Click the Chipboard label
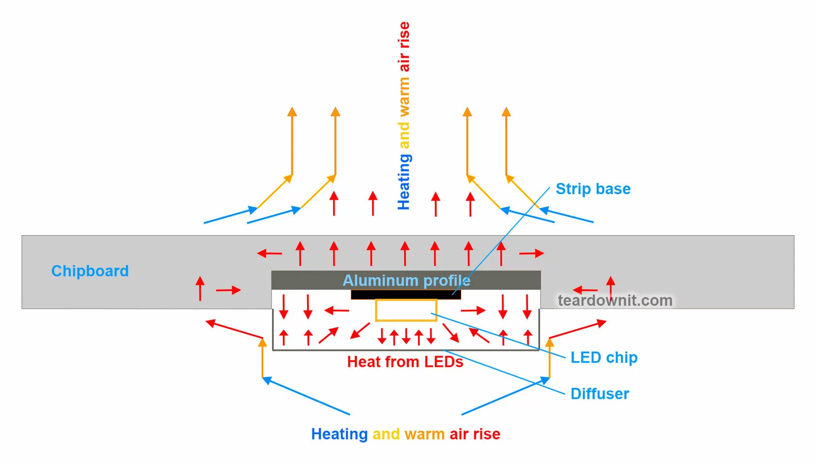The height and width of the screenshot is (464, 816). (90, 271)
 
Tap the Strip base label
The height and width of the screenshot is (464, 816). (593, 189)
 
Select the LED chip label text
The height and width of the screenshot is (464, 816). (604, 358)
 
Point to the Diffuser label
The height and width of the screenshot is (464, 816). (600, 394)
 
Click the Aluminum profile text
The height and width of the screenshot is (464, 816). (407, 280)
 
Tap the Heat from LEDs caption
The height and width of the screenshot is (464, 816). (405, 362)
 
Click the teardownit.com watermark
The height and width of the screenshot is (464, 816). (615, 300)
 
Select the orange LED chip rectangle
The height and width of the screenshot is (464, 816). (406, 311)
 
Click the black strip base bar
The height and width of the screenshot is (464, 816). (406, 295)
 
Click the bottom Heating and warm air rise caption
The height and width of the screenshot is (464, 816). (406, 434)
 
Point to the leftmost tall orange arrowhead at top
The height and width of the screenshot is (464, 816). (292, 112)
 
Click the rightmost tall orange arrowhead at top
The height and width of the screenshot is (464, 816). (506, 112)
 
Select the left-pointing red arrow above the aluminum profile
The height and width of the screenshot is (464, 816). (269, 253)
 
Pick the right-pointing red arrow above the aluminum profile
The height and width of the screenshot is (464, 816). (531, 253)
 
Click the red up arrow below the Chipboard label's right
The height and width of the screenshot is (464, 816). (200, 288)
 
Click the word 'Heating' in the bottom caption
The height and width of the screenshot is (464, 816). (340, 434)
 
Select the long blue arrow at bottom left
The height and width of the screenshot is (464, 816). (306, 396)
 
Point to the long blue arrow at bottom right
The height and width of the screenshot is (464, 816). (505, 396)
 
